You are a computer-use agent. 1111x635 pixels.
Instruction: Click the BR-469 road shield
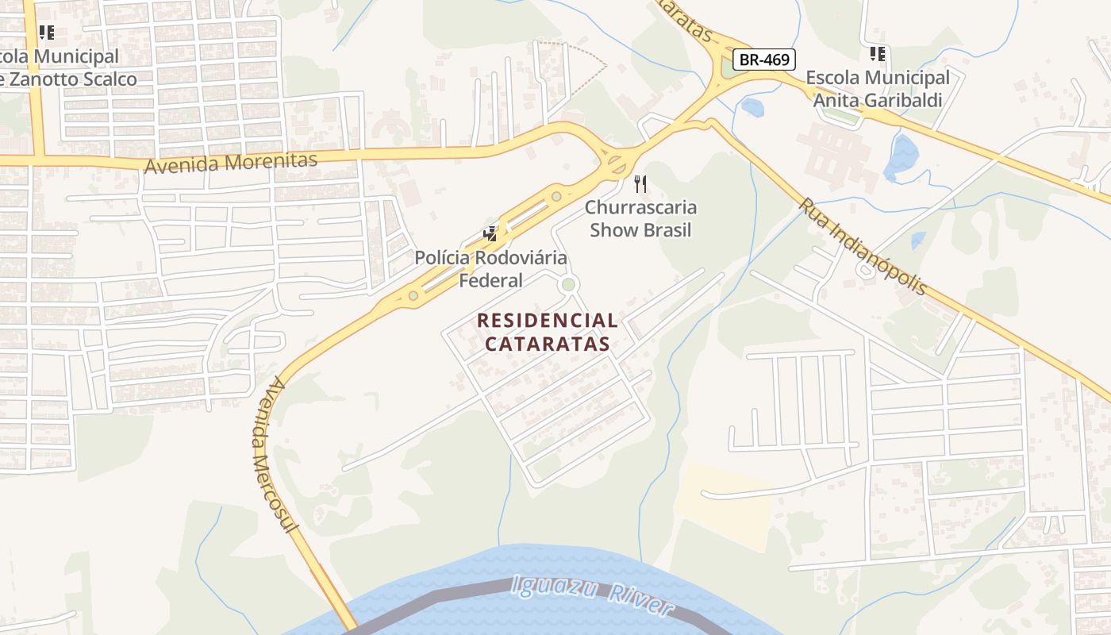click(763, 59)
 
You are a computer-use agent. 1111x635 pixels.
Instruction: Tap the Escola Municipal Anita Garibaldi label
click(877, 89)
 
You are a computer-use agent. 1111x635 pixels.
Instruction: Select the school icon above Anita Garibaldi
click(877, 54)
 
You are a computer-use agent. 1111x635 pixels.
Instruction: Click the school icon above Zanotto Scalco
click(47, 33)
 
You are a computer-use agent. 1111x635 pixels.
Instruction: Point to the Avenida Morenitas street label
click(231, 163)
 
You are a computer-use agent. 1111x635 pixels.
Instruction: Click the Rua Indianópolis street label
click(863, 247)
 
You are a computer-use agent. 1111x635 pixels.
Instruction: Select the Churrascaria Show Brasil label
click(641, 218)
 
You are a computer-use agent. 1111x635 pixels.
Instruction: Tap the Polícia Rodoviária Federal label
click(491, 269)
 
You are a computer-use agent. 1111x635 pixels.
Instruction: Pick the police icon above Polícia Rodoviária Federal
click(491, 233)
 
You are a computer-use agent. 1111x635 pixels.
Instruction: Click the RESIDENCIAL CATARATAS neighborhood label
click(548, 332)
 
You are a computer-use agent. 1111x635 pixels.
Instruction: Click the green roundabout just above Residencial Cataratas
click(568, 284)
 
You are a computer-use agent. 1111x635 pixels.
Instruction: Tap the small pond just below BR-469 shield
click(752, 107)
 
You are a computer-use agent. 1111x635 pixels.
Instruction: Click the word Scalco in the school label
click(103, 79)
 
